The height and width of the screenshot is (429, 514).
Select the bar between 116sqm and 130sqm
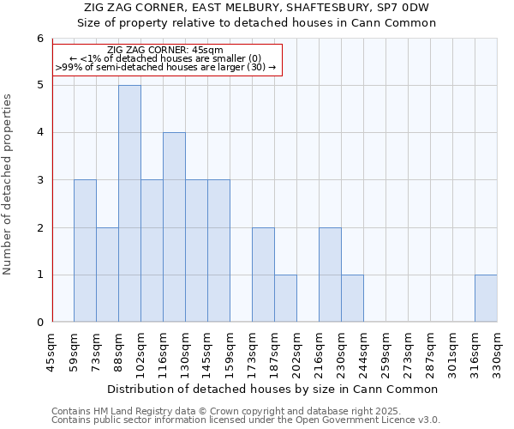click(x=174, y=227)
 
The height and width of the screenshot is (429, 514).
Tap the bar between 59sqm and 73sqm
click(x=85, y=251)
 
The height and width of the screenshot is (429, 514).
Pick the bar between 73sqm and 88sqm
click(x=107, y=275)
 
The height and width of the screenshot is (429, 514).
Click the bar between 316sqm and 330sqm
click(x=486, y=299)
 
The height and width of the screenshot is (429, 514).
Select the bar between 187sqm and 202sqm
click(x=285, y=299)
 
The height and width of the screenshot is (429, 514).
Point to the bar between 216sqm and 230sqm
click(x=330, y=275)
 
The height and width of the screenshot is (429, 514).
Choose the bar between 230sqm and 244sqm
click(x=352, y=299)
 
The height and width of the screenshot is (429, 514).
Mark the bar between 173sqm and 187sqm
click(x=263, y=275)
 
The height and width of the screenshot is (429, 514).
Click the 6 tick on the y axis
click(x=39, y=39)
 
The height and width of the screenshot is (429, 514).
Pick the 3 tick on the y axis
click(x=39, y=180)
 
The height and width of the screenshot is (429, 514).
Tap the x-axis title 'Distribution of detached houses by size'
click(x=274, y=389)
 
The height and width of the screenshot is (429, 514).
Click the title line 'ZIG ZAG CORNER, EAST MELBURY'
click(x=257, y=8)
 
